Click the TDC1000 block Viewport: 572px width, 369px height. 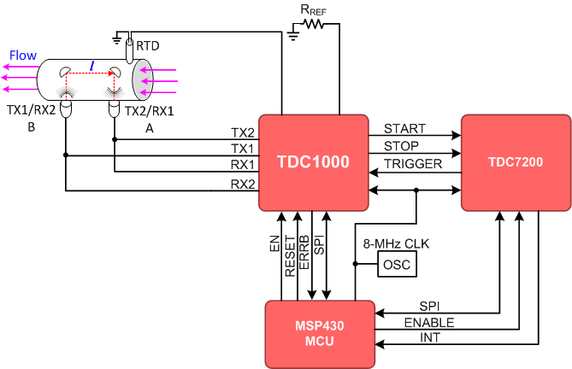coord(313,162)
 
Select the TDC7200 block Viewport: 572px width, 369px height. coord(516,161)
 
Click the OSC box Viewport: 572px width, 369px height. coord(396,265)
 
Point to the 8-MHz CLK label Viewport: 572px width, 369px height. coord(396,244)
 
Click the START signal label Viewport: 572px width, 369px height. coord(405,130)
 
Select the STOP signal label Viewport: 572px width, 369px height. coord(401,146)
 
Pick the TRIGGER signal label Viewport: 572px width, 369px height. coord(413,163)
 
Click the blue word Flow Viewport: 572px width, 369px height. coord(23,56)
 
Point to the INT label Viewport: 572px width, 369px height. coord(430,339)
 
